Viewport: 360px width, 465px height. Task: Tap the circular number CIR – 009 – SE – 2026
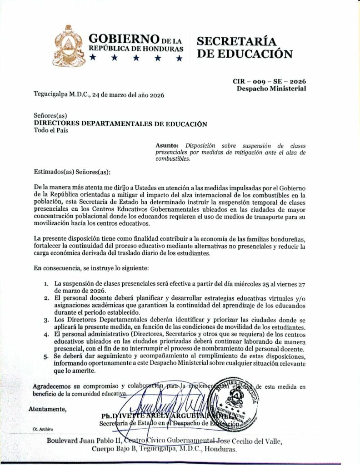click(269, 81)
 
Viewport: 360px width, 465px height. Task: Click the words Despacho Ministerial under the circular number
click(271, 88)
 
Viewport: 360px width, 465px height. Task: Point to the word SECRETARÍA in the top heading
click(236, 41)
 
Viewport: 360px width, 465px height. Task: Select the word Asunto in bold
click(167, 145)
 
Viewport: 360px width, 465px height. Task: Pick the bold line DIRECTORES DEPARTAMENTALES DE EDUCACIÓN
click(120, 124)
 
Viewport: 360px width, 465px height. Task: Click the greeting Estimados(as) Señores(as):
click(72, 172)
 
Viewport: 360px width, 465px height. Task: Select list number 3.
click(46, 320)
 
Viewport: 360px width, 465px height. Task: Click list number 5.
click(46, 356)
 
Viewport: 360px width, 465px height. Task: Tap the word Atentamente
click(47, 409)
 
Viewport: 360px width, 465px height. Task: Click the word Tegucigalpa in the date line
click(54, 95)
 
